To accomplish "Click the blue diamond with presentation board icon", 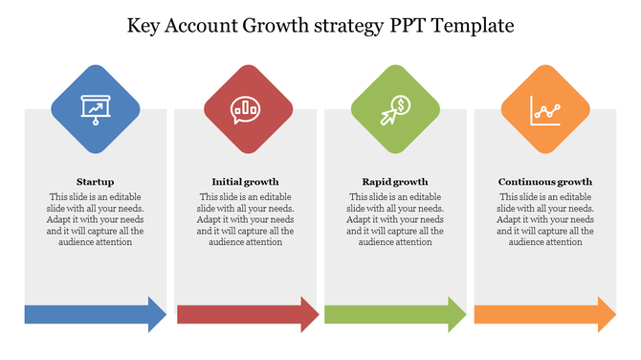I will pyautogui.click(x=95, y=109).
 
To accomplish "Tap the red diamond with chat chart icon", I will pyautogui.click(x=245, y=109).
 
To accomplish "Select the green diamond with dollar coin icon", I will pyautogui.click(x=395, y=109).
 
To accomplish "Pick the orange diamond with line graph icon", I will pyautogui.click(x=545, y=109).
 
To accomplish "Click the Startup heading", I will pyautogui.click(x=96, y=181).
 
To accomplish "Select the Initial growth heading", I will pyautogui.click(x=245, y=181).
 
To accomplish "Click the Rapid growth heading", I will pyautogui.click(x=395, y=181).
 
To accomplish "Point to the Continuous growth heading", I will pyautogui.click(x=545, y=181).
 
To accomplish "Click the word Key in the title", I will pyautogui.click(x=145, y=25).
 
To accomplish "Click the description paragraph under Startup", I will pyautogui.click(x=96, y=219).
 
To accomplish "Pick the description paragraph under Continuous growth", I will pyautogui.click(x=545, y=219).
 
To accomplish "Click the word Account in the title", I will pyautogui.click(x=202, y=25).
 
